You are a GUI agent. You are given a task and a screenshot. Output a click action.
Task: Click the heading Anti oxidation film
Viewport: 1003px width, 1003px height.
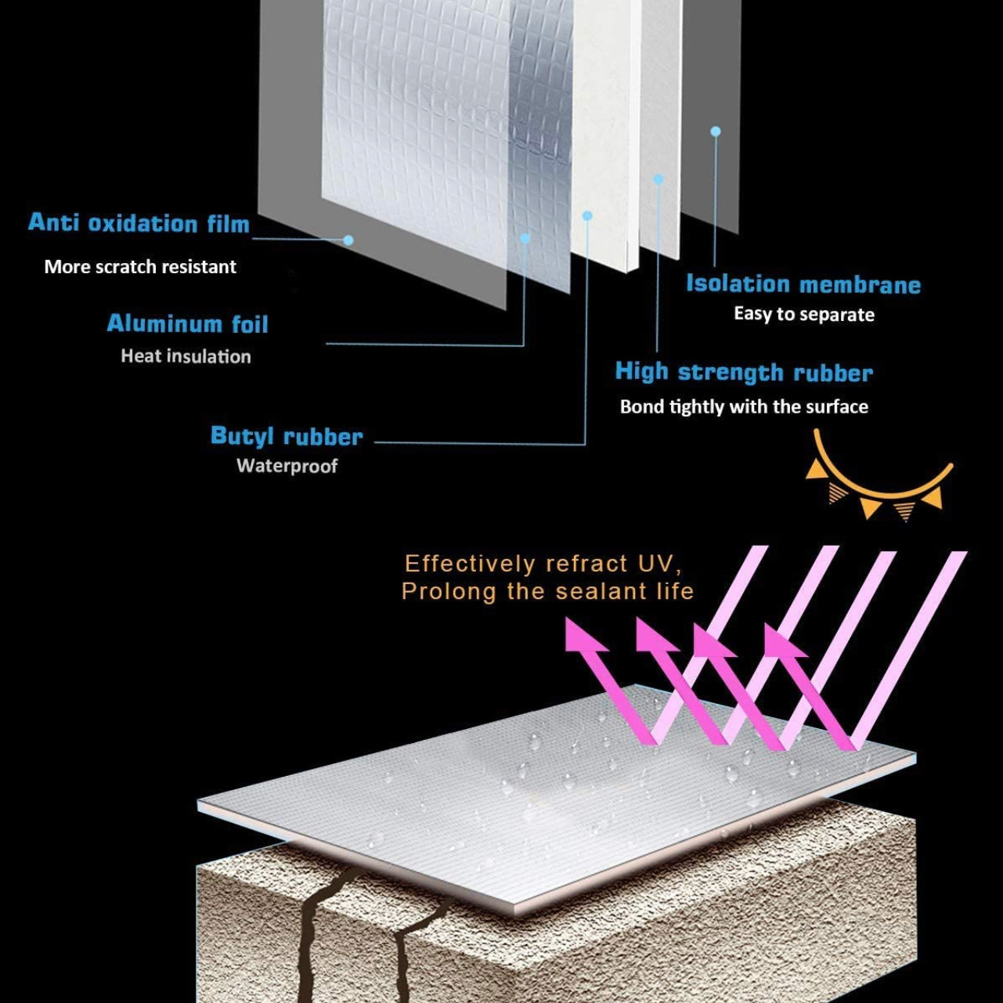[139, 223]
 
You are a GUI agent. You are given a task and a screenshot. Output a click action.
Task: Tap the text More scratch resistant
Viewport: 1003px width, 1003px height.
[140, 267]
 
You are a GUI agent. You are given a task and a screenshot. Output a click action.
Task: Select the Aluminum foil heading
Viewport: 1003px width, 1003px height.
[187, 323]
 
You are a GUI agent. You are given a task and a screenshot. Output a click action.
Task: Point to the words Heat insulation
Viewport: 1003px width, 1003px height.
[186, 356]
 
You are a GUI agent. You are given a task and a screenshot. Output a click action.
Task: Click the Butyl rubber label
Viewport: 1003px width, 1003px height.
[287, 436]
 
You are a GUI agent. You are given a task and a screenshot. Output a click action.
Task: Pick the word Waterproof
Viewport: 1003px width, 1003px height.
[287, 466]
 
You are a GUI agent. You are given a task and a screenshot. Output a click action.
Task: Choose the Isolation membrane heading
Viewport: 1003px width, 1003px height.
[803, 283]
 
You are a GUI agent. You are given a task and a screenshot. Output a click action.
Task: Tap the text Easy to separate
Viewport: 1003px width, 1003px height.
[804, 315]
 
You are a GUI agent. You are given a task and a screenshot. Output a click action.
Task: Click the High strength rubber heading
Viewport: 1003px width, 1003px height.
[744, 372]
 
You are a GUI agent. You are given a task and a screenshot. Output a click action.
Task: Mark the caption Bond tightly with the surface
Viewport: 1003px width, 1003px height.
[744, 407]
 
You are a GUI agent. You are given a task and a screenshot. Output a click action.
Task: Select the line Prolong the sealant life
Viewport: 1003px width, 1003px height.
[547, 591]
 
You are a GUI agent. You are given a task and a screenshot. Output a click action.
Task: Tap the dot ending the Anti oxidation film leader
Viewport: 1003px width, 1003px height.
[348, 240]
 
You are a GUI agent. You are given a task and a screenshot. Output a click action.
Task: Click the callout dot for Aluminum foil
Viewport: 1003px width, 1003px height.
[525, 238]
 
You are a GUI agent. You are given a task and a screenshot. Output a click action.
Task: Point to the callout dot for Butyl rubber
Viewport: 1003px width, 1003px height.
[587, 215]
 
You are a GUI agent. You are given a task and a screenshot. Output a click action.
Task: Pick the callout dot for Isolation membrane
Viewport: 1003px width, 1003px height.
[716, 132]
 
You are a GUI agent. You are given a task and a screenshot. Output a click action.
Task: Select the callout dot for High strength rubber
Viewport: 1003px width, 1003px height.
[658, 179]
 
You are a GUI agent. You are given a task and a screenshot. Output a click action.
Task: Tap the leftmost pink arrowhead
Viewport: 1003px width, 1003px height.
[583, 637]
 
